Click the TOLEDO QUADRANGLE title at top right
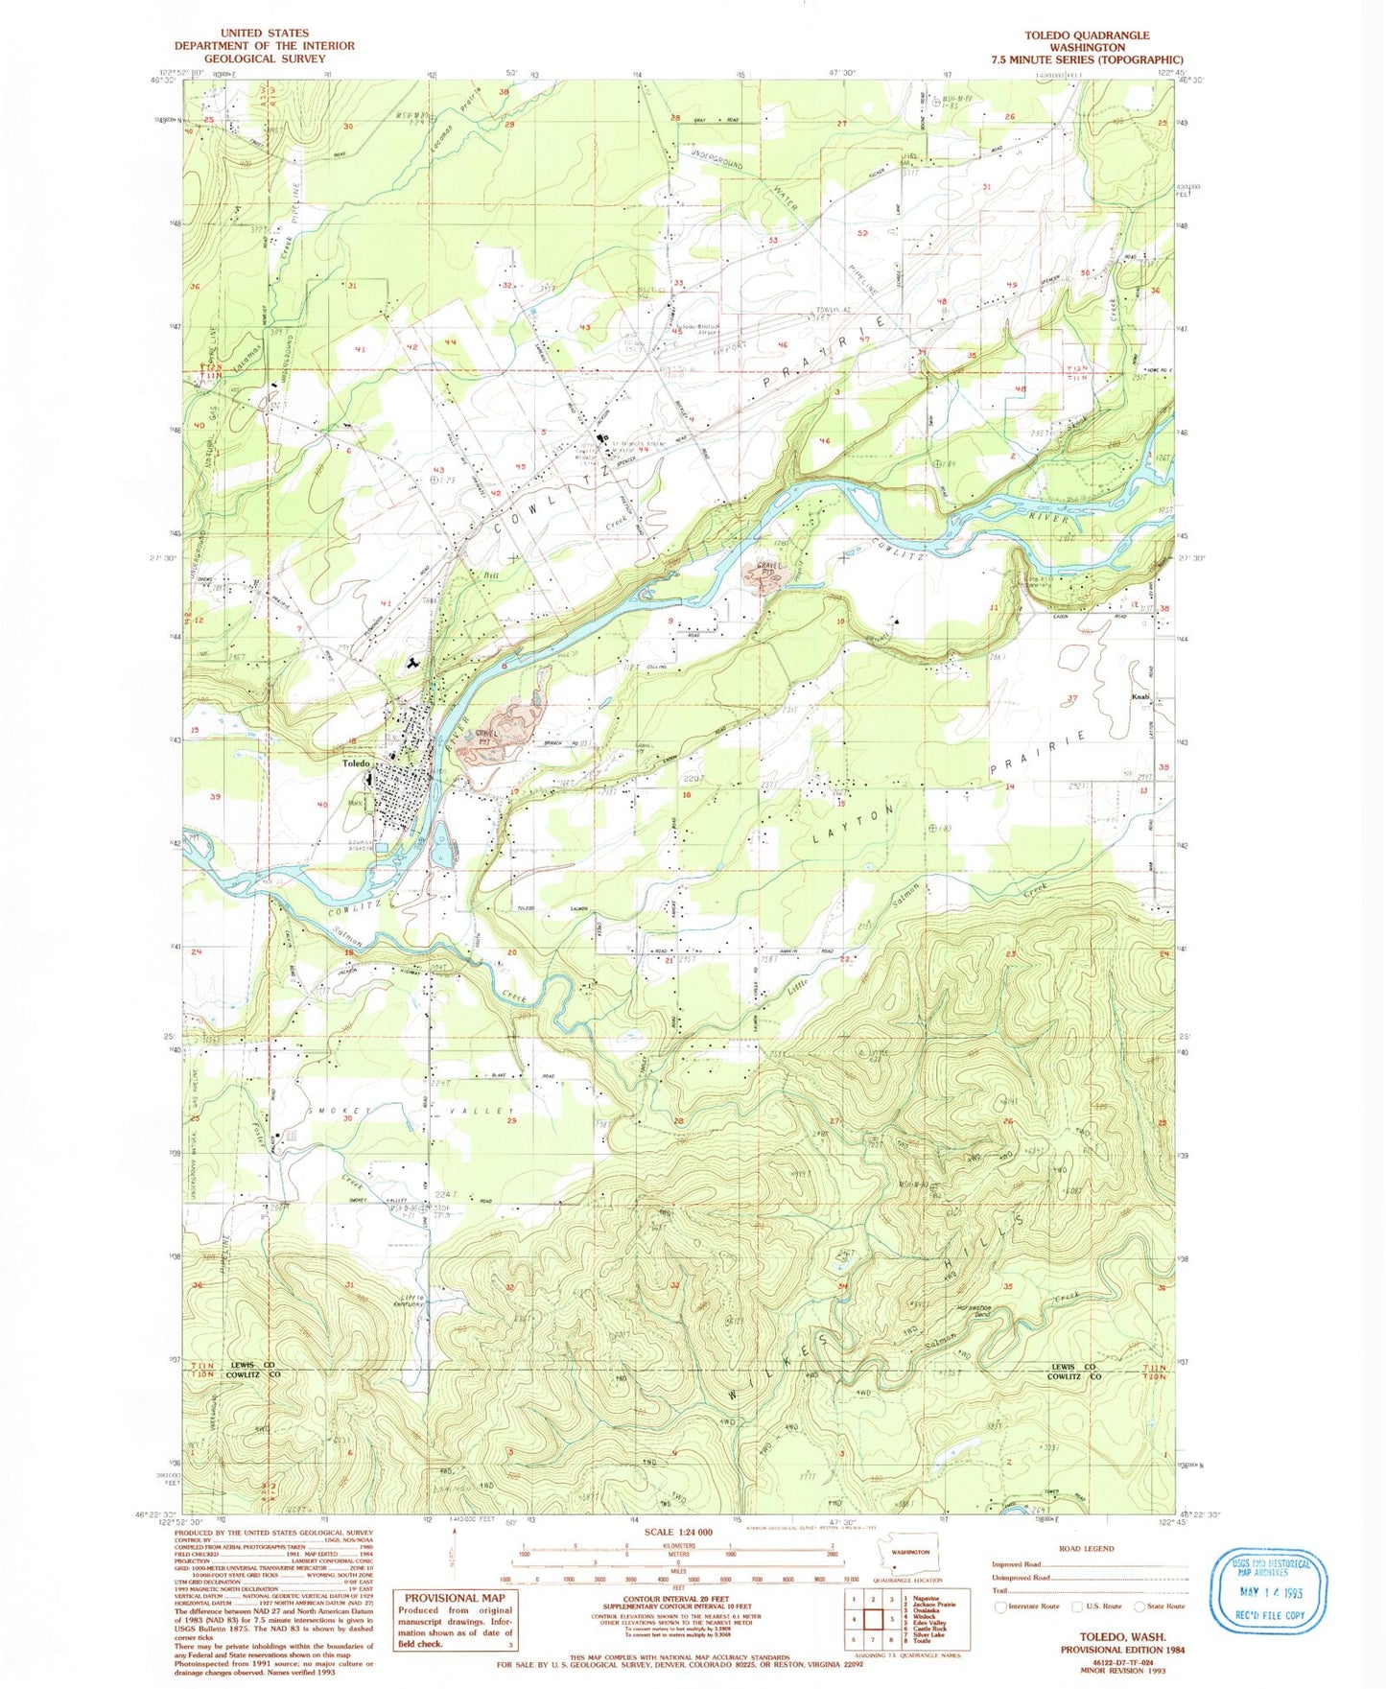1087,35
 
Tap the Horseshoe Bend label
964,1313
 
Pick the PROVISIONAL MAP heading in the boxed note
454,1598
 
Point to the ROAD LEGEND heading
1087,1548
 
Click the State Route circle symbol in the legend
1139,1606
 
